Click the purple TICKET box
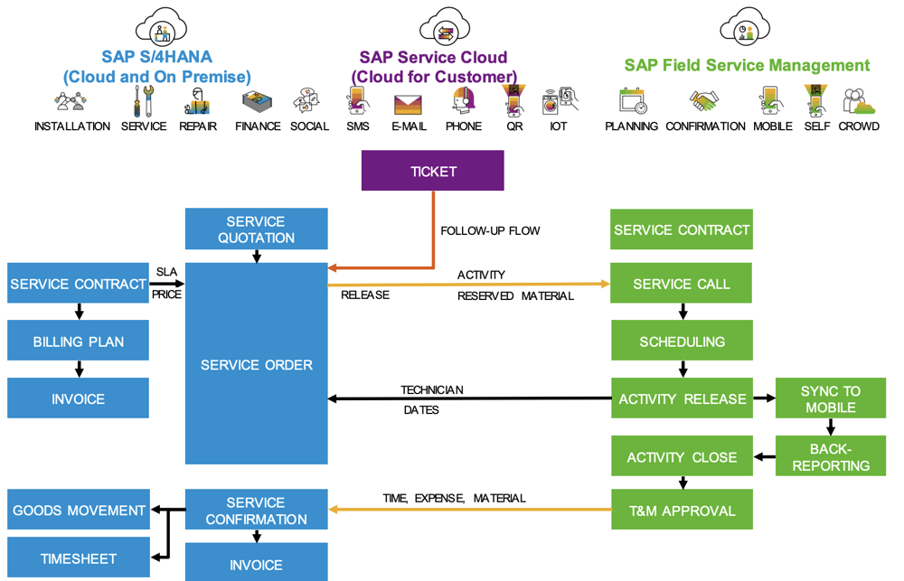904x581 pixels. click(432, 171)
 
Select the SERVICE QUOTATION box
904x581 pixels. click(256, 229)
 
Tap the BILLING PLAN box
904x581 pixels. click(78, 342)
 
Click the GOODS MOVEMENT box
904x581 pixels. click(78, 511)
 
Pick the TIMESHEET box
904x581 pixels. click(78, 558)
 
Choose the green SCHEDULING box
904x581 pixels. click(682, 342)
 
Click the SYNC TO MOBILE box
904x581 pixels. click(830, 398)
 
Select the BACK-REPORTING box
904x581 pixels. click(830, 456)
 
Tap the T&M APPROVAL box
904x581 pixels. click(682, 511)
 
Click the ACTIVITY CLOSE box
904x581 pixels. click(682, 457)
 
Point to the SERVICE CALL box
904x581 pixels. click(682, 284)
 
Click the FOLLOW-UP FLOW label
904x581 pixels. click(490, 230)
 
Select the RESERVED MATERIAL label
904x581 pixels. click(515, 295)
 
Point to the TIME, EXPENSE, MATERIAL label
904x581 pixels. click(455, 498)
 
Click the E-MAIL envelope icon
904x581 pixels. click(409, 104)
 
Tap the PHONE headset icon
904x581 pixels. click(464, 101)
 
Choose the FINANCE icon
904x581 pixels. click(258, 101)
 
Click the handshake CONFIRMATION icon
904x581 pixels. click(704, 101)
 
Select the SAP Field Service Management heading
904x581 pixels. click(747, 65)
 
